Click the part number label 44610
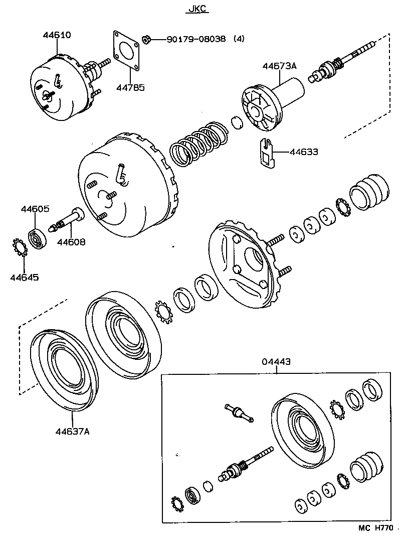(x=57, y=35)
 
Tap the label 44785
(x=130, y=88)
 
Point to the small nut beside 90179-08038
(x=147, y=39)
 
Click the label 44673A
(x=280, y=66)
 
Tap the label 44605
(x=35, y=209)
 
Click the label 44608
(x=71, y=242)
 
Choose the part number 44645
(x=24, y=277)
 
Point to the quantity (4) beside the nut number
(x=239, y=39)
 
